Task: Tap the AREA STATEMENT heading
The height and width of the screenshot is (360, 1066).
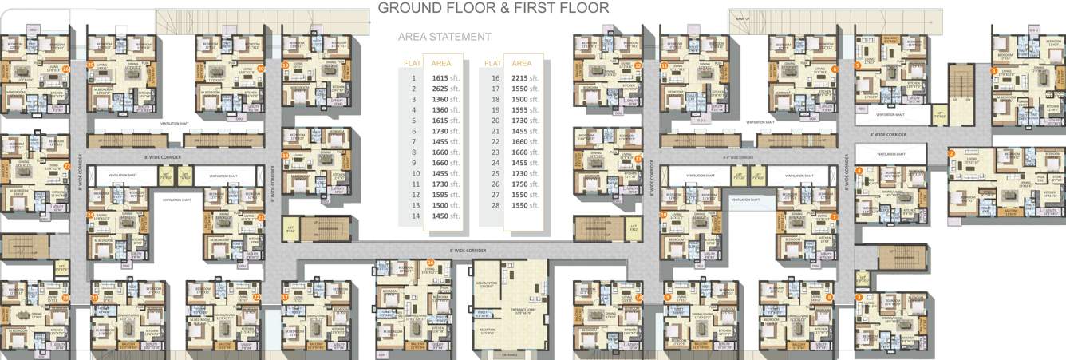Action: [x=444, y=37]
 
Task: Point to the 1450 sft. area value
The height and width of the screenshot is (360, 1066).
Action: [x=444, y=216]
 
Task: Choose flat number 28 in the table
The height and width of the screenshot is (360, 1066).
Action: [x=495, y=205]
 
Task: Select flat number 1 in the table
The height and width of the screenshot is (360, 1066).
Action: [x=414, y=78]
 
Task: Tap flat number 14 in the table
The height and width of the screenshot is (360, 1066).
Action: [x=414, y=216]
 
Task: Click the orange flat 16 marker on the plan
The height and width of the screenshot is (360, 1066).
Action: [x=430, y=263]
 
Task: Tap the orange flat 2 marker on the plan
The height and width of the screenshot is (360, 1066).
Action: [x=951, y=153]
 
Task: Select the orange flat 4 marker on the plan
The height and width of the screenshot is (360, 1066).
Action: [x=859, y=170]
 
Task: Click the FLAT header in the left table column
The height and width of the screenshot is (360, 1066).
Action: [x=413, y=63]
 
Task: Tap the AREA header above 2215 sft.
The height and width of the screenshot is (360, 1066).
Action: [x=522, y=63]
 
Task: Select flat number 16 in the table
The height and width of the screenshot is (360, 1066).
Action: [x=495, y=78]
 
